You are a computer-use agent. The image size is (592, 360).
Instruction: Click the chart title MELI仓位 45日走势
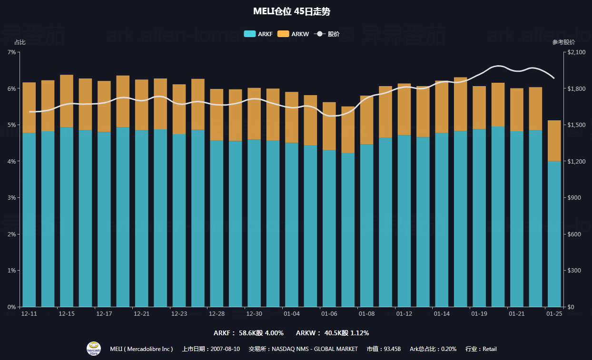point(296,11)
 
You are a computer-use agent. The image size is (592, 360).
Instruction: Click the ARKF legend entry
point(258,34)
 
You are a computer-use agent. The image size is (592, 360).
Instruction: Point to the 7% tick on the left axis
point(12,52)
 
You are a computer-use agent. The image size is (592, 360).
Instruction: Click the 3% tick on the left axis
point(12,198)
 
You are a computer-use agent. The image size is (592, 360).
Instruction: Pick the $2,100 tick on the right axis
point(577,52)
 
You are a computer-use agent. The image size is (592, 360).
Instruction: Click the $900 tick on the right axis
point(575,198)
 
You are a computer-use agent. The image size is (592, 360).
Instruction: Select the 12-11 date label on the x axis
point(29,314)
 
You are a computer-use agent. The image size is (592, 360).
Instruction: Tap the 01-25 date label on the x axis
point(554,314)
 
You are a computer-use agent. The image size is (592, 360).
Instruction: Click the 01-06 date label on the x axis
point(329,314)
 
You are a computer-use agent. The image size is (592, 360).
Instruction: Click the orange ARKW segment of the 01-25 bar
point(554,141)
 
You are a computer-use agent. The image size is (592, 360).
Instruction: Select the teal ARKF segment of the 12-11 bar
point(29,219)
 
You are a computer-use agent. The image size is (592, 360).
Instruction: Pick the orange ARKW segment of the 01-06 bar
point(329,126)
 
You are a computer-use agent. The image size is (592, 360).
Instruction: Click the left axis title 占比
point(20,42)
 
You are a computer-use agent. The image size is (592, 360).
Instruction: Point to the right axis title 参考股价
point(563,42)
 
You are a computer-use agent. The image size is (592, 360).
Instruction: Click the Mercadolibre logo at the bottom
point(94,349)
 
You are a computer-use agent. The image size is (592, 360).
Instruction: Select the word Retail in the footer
point(490,349)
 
